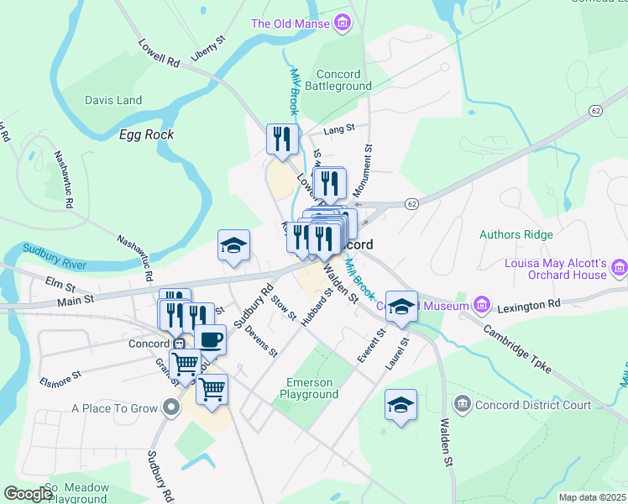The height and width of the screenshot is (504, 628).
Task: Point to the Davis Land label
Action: (113, 100)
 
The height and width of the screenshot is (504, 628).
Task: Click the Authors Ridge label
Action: (512, 234)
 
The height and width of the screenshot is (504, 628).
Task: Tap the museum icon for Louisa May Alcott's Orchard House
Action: (620, 268)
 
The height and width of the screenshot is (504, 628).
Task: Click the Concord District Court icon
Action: (462, 404)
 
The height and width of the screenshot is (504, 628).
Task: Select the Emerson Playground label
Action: (311, 388)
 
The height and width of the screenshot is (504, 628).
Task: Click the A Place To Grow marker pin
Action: (172, 409)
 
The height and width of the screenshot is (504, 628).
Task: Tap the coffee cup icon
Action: (210, 339)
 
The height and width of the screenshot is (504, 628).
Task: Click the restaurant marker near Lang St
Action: (283, 138)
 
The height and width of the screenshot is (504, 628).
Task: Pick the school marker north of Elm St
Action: (233, 245)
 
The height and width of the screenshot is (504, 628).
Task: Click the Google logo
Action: (29, 494)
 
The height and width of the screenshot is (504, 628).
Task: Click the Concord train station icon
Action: (178, 344)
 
